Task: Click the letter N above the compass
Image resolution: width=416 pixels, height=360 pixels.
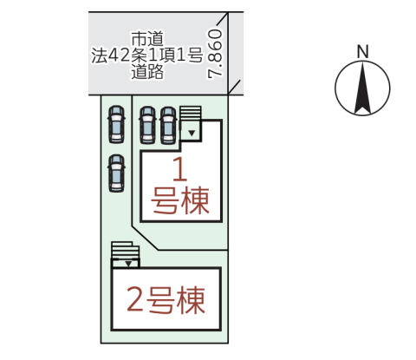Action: pyautogui.click(x=362, y=51)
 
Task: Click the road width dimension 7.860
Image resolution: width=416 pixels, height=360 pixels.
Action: pyautogui.click(x=215, y=53)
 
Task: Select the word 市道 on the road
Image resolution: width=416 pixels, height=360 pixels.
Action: pyautogui.click(x=147, y=39)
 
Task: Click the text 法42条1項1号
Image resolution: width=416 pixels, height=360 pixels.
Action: pyautogui.click(x=147, y=55)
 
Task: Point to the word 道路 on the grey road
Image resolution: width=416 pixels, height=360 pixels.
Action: pyautogui.click(x=147, y=71)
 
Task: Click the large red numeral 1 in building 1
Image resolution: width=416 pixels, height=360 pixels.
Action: pyautogui.click(x=180, y=169)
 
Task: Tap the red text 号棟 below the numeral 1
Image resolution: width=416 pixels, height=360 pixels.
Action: pyautogui.click(x=180, y=200)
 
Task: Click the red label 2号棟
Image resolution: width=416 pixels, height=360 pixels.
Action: pyautogui.click(x=166, y=300)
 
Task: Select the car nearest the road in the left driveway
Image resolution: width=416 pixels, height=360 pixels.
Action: pyautogui.click(x=116, y=124)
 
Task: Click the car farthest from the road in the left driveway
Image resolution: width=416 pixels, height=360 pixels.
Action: pyautogui.click(x=116, y=173)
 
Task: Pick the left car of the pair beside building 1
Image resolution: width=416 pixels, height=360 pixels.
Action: pyautogui.click(x=147, y=125)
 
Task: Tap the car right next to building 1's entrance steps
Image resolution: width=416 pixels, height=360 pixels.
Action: pyautogui.click(x=168, y=125)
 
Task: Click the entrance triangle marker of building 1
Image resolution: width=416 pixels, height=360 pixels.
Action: pyautogui.click(x=192, y=133)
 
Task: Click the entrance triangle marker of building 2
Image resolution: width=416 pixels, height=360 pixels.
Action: pyautogui.click(x=128, y=264)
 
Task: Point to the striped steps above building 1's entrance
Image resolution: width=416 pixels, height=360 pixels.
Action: pyautogui.click(x=191, y=114)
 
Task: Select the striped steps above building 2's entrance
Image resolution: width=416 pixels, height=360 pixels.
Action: pyautogui.click(x=126, y=251)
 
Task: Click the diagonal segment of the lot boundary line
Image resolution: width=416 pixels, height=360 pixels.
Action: pyautogui.click(x=146, y=239)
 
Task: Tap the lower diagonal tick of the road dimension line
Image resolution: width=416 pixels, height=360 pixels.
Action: pyautogui.click(x=234, y=88)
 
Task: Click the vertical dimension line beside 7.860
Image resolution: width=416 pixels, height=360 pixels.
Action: pyautogui.click(x=228, y=53)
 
